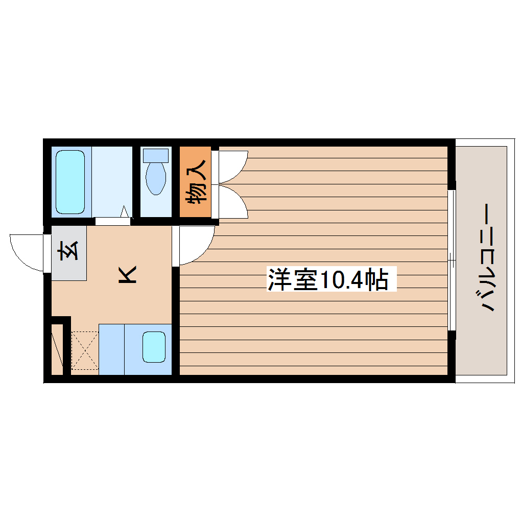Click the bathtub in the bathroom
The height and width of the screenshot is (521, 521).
(70, 182)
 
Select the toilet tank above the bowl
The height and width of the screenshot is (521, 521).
(156, 155)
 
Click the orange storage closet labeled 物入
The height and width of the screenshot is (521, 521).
(195, 182)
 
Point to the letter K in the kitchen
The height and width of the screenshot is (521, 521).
(127, 275)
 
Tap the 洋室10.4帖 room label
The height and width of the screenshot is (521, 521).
(327, 280)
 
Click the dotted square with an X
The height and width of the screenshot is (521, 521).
(84, 350)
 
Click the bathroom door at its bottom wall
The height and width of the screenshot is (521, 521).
(112, 221)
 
